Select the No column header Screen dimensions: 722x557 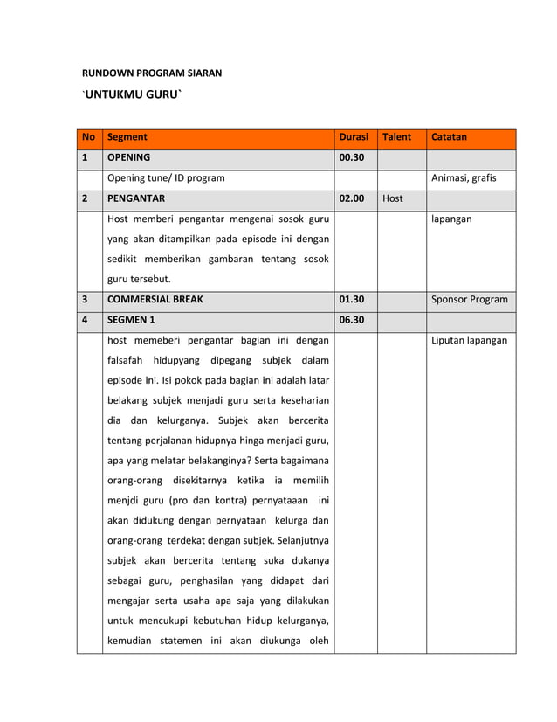point(88,138)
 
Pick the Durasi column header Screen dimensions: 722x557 point(354,138)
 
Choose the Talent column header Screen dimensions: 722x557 point(398,138)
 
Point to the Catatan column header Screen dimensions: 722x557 point(450,138)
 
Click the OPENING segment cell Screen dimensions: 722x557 point(129,158)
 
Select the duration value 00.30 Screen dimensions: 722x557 point(352,158)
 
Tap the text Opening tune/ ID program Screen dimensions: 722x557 point(165,178)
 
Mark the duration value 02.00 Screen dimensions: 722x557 point(352,198)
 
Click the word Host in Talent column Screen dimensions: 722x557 point(393,198)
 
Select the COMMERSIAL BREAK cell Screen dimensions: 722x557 point(155,299)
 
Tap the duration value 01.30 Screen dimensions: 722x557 point(352,299)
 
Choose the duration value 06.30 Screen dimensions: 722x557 point(352,319)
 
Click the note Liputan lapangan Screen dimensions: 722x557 point(469,340)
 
